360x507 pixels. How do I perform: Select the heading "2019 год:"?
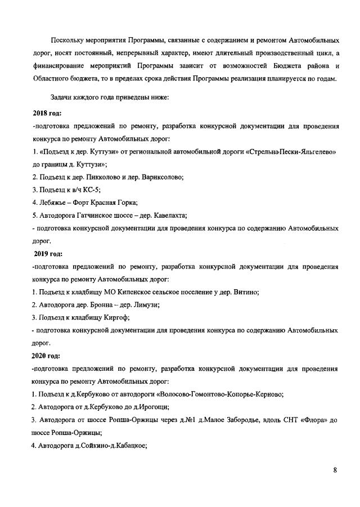tap(48, 253)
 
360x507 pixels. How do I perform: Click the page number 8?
tap(335, 471)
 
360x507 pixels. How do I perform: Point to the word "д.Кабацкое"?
tap(127, 446)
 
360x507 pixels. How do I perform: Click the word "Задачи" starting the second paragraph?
tap(63, 97)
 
